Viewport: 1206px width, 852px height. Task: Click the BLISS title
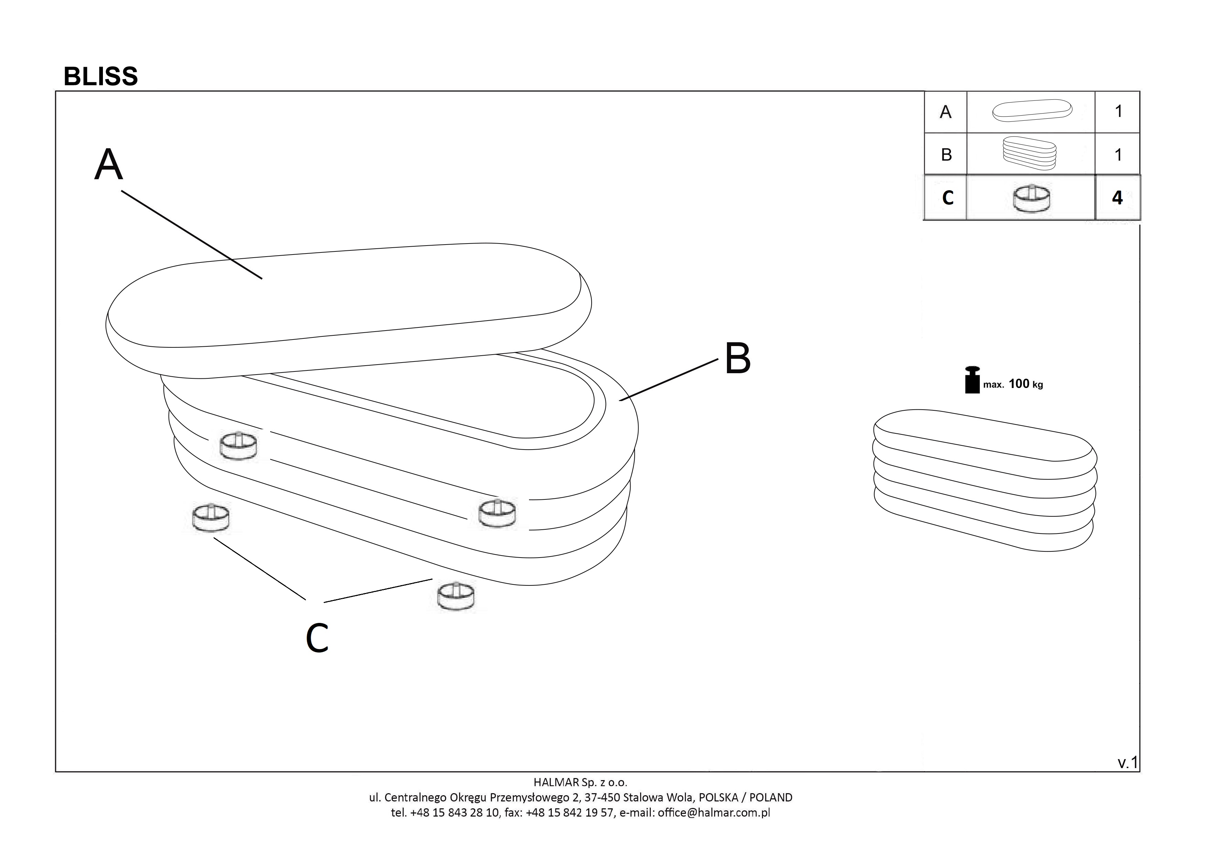(101, 77)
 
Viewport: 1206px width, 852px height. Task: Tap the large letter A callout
(109, 165)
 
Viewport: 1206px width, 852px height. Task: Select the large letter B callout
(738, 359)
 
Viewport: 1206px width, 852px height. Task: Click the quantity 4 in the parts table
(1117, 197)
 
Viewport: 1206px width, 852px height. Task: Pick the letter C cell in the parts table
(948, 198)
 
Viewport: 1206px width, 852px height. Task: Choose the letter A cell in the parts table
(945, 112)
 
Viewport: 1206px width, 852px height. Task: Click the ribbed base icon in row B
(1029, 153)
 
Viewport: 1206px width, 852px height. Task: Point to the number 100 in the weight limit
(1019, 384)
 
